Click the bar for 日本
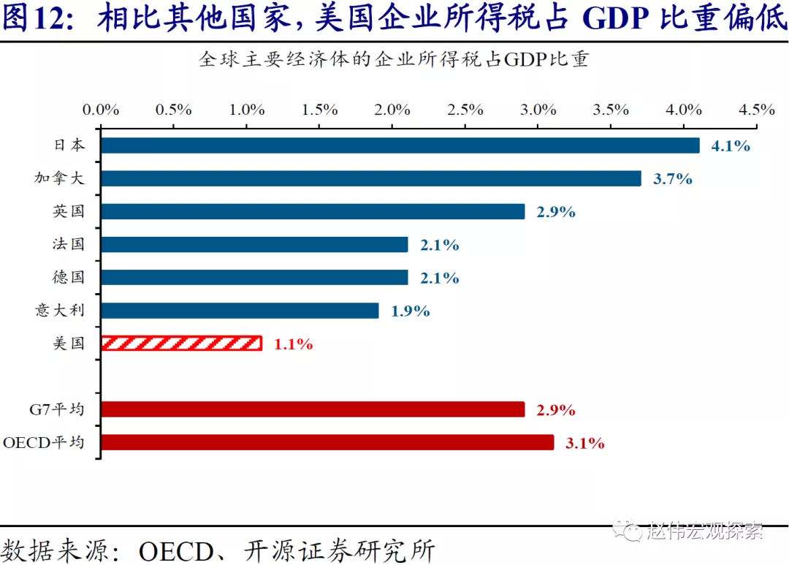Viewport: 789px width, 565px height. [x=400, y=145]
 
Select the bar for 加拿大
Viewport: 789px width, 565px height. [x=370, y=178]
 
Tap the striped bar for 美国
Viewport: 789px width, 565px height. [x=181, y=344]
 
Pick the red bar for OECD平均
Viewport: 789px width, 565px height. [x=327, y=442]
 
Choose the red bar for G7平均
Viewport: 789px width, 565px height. [x=312, y=409]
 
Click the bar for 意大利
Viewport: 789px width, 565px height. [x=240, y=311]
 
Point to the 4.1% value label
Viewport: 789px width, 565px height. [x=731, y=145]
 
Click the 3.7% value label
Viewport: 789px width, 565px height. [x=672, y=178]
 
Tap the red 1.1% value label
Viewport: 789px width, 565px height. [x=293, y=344]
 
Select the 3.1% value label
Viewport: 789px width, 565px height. [x=584, y=442]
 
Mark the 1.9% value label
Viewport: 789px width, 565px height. [x=410, y=311]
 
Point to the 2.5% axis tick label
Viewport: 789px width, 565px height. [x=465, y=110]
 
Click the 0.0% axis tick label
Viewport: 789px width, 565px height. [x=101, y=110]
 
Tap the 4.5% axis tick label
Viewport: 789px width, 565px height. [x=757, y=110]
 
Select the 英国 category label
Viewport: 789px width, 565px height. [x=69, y=211]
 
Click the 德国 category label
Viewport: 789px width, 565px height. [x=69, y=278]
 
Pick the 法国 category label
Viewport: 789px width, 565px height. [x=69, y=244]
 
